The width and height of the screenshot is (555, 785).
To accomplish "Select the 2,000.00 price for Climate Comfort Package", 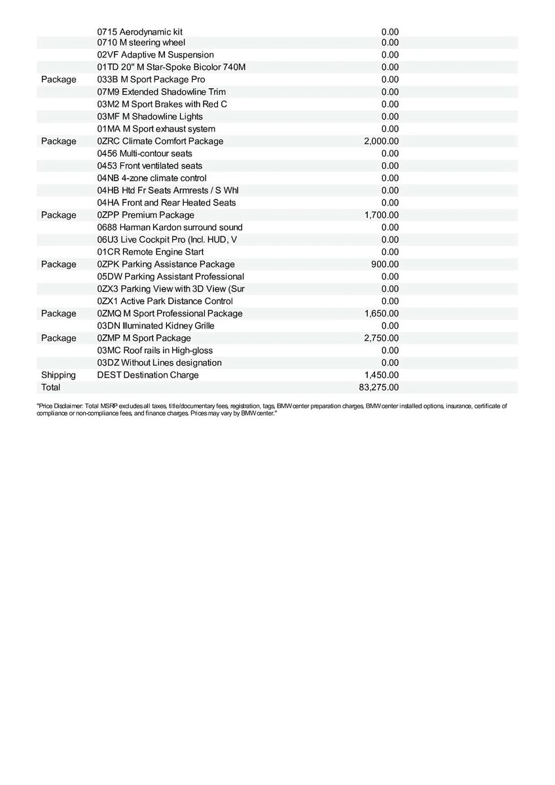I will [x=382, y=141].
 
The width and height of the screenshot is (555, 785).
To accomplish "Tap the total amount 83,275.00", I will [x=379, y=387].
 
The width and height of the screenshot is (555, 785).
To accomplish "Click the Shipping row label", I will [x=58, y=375].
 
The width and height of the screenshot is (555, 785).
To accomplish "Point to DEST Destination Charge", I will [x=148, y=375].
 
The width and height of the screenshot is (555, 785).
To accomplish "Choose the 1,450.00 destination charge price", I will [x=382, y=375].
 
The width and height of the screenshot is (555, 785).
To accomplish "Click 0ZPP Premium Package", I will [x=145, y=215].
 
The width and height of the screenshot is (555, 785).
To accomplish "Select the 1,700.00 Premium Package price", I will [x=382, y=215].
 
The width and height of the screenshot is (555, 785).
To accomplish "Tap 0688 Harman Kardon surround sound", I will [x=170, y=227].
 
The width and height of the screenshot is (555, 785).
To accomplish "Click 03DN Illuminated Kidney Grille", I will [x=156, y=326].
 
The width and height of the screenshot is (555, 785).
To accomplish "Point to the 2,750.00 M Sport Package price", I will [x=382, y=338].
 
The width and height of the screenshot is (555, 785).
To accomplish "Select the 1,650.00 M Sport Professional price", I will [x=382, y=313].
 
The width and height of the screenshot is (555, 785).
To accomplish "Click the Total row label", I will [x=50, y=387].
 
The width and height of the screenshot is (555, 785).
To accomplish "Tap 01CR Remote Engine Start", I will [x=151, y=252].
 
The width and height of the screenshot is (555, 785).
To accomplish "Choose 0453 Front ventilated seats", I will [x=150, y=166].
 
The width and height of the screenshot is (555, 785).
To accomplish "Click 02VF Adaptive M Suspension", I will [x=156, y=55].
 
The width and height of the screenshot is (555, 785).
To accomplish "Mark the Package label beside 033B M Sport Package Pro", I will [x=58, y=80].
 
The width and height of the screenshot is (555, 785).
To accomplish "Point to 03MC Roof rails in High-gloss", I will [x=155, y=351].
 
